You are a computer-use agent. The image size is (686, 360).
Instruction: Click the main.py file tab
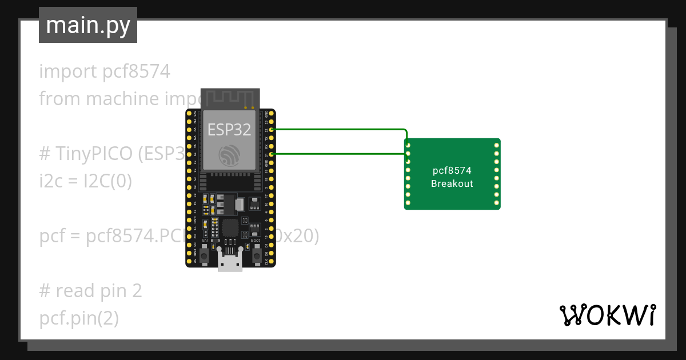click(88, 25)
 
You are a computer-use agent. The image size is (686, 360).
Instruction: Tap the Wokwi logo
click(607, 315)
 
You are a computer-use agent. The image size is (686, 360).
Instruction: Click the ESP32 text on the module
click(229, 130)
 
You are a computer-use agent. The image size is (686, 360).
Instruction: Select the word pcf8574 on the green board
click(452, 171)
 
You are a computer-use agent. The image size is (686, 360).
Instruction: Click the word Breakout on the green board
click(452, 183)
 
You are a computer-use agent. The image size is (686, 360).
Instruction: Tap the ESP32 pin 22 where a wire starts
click(272, 130)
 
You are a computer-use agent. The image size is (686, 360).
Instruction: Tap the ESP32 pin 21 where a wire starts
click(272, 154)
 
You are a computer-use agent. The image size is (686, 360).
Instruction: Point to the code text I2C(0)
click(107, 181)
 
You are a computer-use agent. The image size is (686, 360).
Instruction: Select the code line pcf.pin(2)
click(79, 318)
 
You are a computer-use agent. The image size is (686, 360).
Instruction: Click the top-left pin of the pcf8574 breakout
click(408, 146)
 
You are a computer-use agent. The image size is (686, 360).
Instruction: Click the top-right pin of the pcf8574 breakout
click(496, 146)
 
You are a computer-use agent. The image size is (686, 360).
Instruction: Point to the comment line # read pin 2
click(90, 291)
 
